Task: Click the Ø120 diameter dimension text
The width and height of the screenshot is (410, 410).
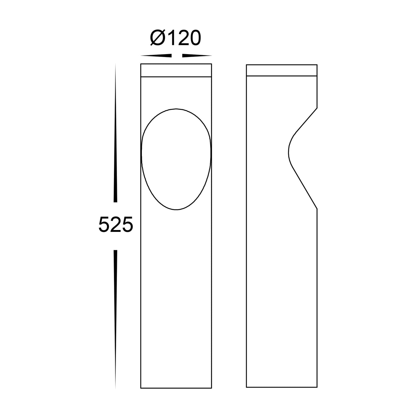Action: coord(176,38)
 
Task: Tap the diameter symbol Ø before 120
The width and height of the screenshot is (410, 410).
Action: coord(158,38)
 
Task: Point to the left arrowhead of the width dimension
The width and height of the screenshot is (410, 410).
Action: coord(156,56)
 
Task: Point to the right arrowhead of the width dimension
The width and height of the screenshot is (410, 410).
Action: coord(197,56)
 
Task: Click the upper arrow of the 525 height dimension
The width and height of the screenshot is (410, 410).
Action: coord(116,133)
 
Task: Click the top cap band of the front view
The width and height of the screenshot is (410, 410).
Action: coord(176,70)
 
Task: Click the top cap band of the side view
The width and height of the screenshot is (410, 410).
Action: coord(282,70)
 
